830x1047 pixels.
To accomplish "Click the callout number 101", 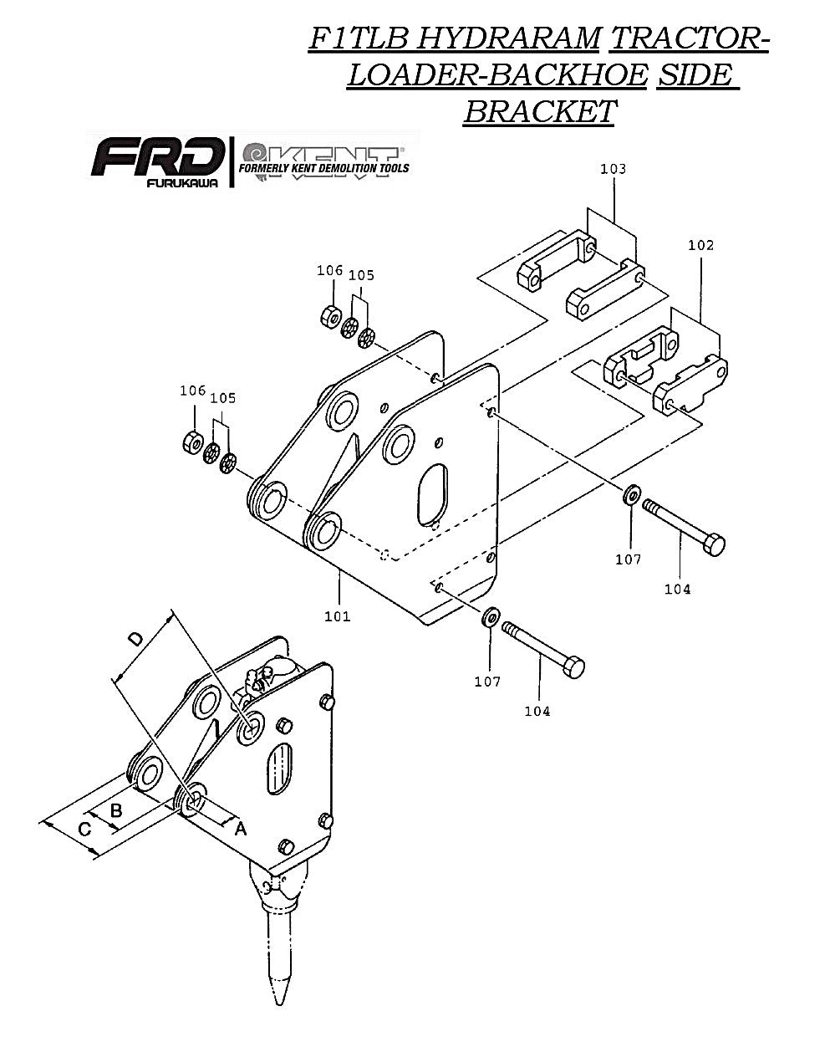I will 337,617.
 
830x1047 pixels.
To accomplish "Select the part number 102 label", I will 700,245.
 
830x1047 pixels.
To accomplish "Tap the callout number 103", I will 613,169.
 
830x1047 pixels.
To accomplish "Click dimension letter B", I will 116,810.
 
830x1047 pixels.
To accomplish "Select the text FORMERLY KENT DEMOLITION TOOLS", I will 324,167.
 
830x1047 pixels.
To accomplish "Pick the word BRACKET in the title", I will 539,110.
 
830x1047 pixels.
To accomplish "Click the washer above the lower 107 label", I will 490,618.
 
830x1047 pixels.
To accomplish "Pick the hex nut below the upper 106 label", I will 329,316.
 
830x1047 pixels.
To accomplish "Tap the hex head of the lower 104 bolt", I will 574,668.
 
